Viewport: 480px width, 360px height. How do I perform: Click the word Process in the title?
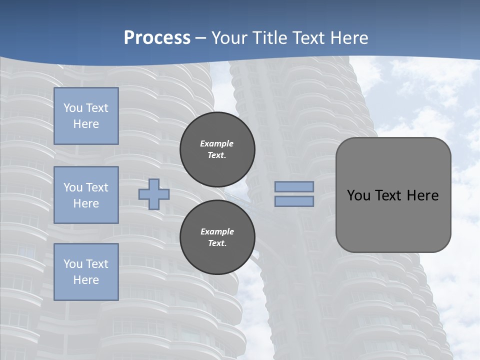[157, 37]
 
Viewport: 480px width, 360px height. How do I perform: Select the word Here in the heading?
[346, 37]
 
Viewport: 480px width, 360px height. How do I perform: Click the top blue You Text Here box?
[86, 116]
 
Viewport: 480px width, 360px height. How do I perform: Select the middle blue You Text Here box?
[86, 195]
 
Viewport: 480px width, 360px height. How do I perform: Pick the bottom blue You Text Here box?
[86, 271]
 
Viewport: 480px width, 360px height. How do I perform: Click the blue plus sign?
[153, 194]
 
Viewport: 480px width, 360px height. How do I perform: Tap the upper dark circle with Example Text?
[217, 149]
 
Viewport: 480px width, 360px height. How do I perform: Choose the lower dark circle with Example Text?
[217, 237]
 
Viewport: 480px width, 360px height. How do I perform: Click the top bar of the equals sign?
[294, 187]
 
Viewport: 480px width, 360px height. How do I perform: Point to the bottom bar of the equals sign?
[294, 201]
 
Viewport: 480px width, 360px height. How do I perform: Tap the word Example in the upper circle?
[217, 143]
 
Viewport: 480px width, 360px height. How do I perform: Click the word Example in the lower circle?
[217, 231]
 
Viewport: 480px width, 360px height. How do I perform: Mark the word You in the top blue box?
[73, 108]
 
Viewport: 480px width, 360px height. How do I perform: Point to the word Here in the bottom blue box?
[86, 280]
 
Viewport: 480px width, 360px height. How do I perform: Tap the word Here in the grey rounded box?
[423, 195]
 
